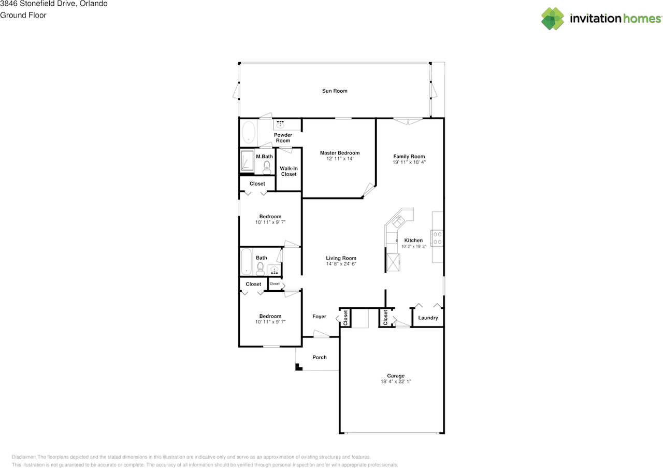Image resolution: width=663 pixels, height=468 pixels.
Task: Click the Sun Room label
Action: pos(335,91)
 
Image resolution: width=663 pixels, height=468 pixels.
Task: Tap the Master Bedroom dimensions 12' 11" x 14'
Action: pos(340,159)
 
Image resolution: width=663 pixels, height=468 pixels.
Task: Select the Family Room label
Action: pos(409,157)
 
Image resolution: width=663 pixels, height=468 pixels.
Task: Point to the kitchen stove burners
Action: pos(437,238)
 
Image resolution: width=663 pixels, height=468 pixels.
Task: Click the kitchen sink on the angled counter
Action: pos(398,220)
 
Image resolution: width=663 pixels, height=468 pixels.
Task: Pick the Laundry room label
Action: pos(428,318)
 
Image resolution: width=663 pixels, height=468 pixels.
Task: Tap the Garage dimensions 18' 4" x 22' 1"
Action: pos(396,381)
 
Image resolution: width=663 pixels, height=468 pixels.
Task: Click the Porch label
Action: pos(320,358)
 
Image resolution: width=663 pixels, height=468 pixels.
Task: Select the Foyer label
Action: pos(320,317)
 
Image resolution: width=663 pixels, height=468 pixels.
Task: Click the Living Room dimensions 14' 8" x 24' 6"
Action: pos(341,264)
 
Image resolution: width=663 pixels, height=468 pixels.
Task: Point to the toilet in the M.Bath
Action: pos(267,167)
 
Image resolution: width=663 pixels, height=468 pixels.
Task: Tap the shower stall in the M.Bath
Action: pos(247,161)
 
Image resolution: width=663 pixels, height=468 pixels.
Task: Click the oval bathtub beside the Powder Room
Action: pos(249,132)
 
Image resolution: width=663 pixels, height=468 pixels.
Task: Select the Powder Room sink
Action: pos(280,125)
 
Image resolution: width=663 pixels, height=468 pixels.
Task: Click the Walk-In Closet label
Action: pos(289,171)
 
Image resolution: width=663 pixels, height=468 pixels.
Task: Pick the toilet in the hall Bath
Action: pos(261,268)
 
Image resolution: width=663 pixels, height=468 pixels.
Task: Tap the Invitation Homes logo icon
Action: pos(553,19)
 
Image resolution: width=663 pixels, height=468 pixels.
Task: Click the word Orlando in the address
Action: pos(94,4)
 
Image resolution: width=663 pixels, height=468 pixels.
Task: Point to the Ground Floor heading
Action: pos(23,15)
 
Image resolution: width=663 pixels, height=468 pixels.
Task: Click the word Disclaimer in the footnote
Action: pos(24,457)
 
